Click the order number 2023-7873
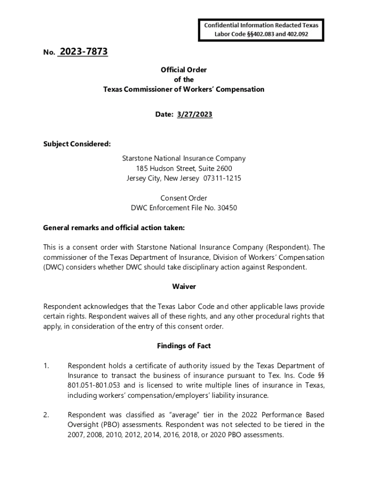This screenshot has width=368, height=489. [83, 52]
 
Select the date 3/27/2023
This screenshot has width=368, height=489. [195, 114]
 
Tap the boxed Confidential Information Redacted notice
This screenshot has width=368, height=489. [261, 30]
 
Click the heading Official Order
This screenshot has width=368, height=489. [184, 70]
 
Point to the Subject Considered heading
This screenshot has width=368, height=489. [77, 144]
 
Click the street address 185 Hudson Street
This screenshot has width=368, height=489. [166, 168]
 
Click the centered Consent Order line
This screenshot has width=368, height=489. [184, 198]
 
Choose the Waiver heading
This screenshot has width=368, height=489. [184, 287]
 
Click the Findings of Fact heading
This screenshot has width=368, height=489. [184, 346]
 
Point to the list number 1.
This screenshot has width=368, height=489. [46, 366]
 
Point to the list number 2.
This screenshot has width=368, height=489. [46, 415]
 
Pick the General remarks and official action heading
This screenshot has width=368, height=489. [114, 228]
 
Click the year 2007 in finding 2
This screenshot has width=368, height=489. [76, 435]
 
